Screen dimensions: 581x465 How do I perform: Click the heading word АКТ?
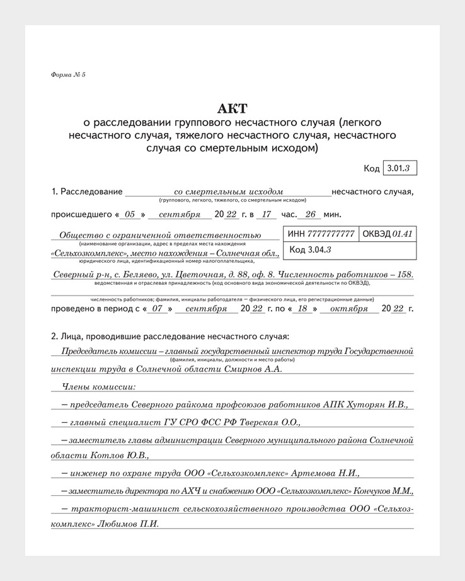click(232, 108)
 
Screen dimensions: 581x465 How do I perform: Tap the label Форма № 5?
click(68, 75)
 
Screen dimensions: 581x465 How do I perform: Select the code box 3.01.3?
click(399, 168)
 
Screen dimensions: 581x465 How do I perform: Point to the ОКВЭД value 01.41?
click(402, 234)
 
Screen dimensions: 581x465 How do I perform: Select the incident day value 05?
click(130, 214)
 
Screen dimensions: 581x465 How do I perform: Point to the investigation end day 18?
click(302, 309)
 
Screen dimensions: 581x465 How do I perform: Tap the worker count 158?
click(401, 274)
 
